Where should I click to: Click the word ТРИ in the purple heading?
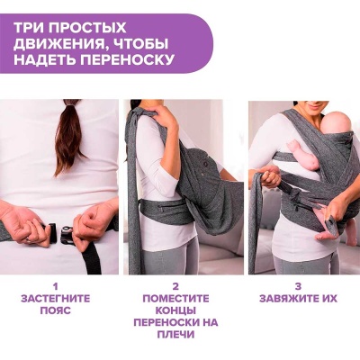[29, 28]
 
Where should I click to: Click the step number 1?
[55, 286]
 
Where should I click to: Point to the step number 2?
[175, 286]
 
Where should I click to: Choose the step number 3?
[298, 286]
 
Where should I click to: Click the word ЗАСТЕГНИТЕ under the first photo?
[56, 299]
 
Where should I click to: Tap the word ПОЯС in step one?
[56, 310]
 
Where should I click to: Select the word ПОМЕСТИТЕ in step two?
[175, 299]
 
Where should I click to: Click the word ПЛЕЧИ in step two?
[175, 334]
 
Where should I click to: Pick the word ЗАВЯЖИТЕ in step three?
[289, 299]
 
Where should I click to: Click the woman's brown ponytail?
[69, 138]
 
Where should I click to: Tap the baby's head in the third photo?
[338, 124]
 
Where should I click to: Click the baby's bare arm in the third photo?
[303, 157]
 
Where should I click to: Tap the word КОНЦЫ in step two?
[175, 310]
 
